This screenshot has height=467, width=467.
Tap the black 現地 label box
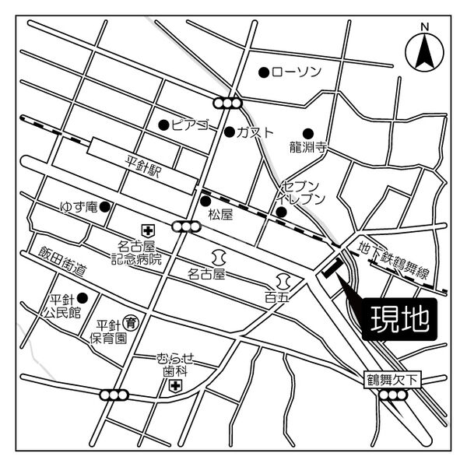tap(395, 318)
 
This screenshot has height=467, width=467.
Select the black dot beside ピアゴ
tap(163, 125)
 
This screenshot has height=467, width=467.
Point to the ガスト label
tap(256, 132)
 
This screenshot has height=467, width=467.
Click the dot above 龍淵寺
tap(308, 132)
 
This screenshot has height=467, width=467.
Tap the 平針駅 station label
tap(142, 168)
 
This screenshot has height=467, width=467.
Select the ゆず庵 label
tap(78, 207)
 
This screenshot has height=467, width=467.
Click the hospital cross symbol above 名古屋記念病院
tap(147, 230)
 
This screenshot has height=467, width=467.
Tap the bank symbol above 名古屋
tap(217, 256)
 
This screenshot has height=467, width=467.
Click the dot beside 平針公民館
tap(82, 297)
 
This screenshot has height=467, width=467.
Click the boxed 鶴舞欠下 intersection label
tap(394, 380)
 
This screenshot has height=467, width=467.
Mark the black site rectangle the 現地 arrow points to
tap(331, 269)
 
